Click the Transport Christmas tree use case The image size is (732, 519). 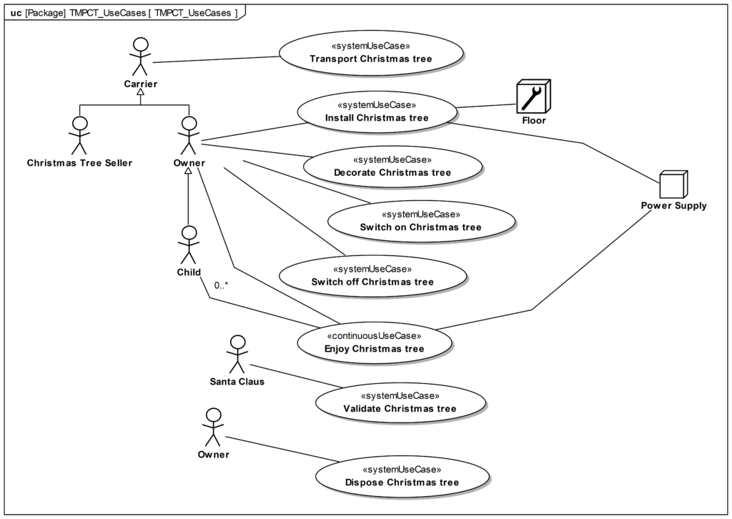tap(371, 53)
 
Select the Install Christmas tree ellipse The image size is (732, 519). tap(377, 112)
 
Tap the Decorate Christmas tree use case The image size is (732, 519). tap(392, 167)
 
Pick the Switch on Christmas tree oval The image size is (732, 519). tap(421, 221)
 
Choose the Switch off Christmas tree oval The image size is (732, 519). tap(372, 276)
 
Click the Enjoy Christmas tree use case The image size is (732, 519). tap(375, 342)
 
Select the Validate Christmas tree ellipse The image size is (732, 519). tap(400, 402)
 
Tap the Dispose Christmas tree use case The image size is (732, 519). tap(402, 476)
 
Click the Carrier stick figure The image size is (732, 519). tap(141, 56)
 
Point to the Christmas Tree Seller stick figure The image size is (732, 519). tap(80, 135)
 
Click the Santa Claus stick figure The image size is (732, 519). tap(237, 355)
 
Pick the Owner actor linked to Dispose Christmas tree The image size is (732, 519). tap(213, 427)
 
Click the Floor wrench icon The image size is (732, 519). tap(533, 97)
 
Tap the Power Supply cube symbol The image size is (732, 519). tap(673, 184)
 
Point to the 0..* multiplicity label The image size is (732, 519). tap(222, 285)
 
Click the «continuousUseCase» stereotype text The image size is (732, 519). tap(374, 335)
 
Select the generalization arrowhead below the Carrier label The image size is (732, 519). tap(141, 92)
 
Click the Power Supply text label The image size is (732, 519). tap(673, 205)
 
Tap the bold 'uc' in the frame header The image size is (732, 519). tap(16, 13)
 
